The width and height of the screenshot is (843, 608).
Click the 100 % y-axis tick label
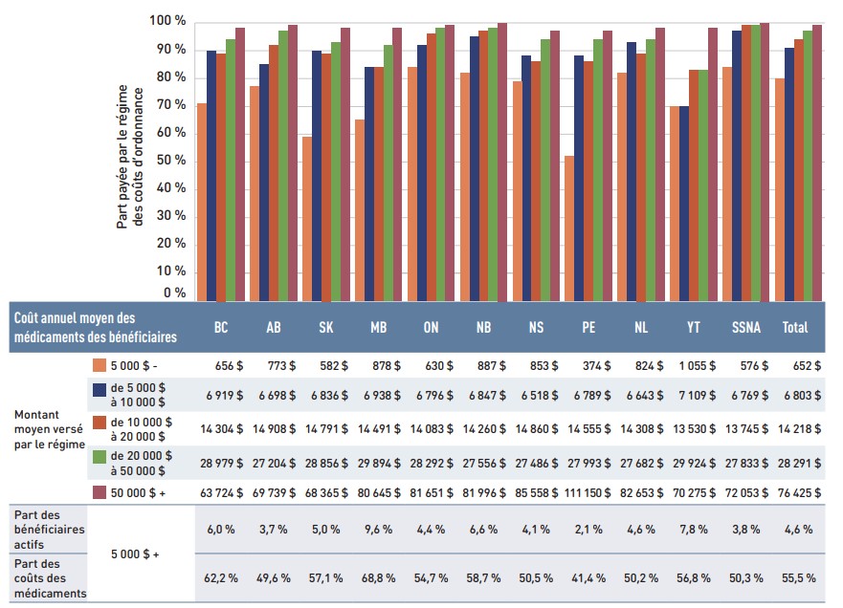click(x=167, y=21)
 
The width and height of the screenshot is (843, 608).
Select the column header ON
click(x=431, y=327)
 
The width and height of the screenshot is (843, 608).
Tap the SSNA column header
click(x=746, y=327)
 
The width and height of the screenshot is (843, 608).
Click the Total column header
click(x=795, y=327)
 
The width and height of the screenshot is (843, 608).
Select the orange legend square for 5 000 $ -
click(x=100, y=364)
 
